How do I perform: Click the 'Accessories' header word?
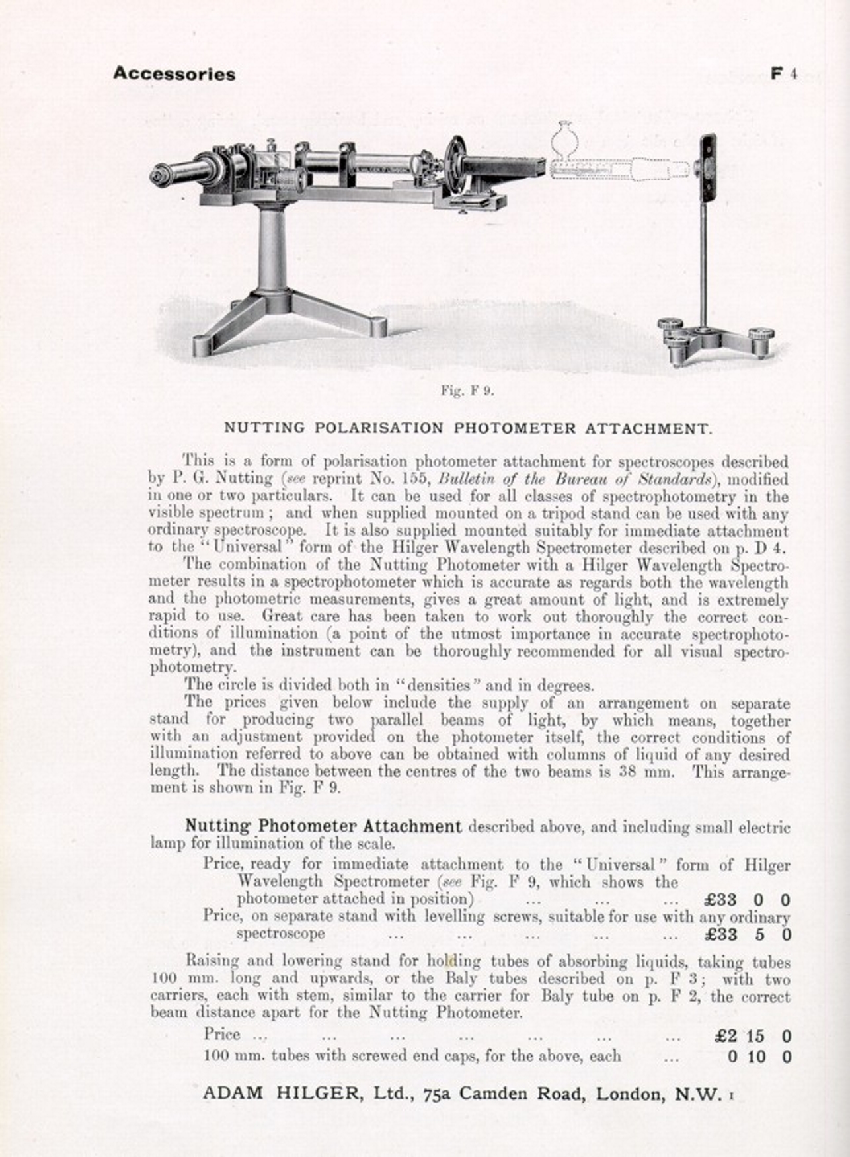(174, 73)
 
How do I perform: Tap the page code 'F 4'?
(784, 73)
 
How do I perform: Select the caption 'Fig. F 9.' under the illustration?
(467, 390)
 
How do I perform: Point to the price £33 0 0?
(747, 900)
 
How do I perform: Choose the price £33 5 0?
(747, 934)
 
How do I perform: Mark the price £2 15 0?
(752, 1037)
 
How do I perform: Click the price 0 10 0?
(759, 1057)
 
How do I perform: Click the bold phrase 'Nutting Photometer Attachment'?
(323, 826)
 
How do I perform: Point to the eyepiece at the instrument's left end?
(161, 175)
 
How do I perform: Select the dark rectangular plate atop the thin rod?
(709, 167)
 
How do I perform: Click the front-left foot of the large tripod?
(205, 345)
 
